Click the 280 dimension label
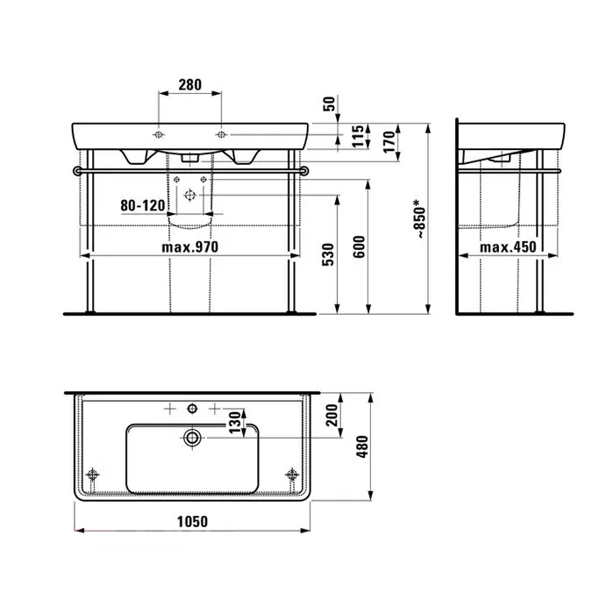[190, 84]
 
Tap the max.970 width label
[190, 247]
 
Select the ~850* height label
[419, 218]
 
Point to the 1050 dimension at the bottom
[192, 522]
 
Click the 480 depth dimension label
[362, 446]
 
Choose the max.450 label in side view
[508, 247]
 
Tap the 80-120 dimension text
[143, 205]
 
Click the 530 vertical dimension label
[328, 254]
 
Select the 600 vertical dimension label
[359, 246]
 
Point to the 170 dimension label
[389, 142]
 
